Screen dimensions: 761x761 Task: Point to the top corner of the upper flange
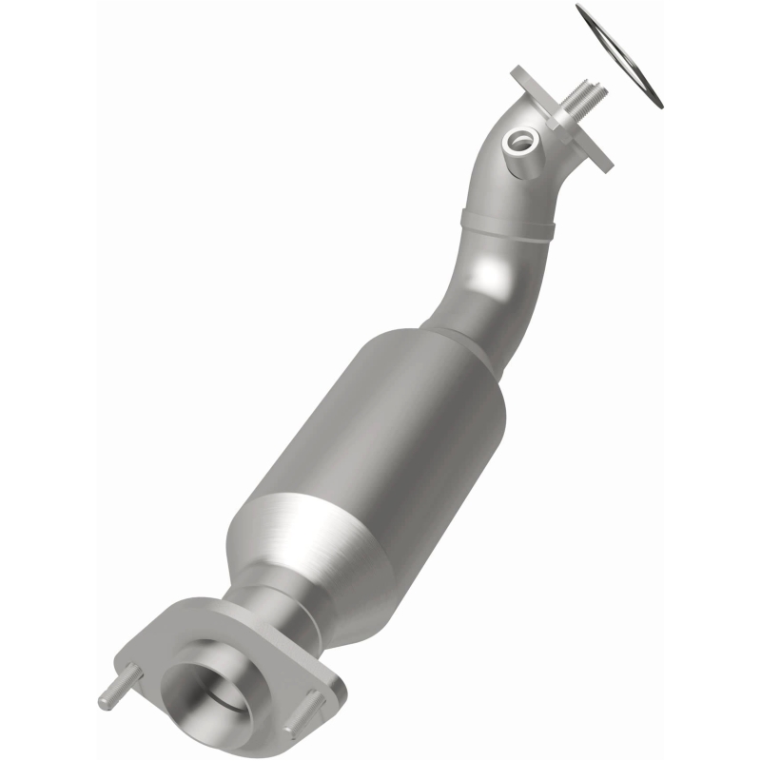pos(517,71)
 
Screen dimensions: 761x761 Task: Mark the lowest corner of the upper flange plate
pos(601,166)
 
